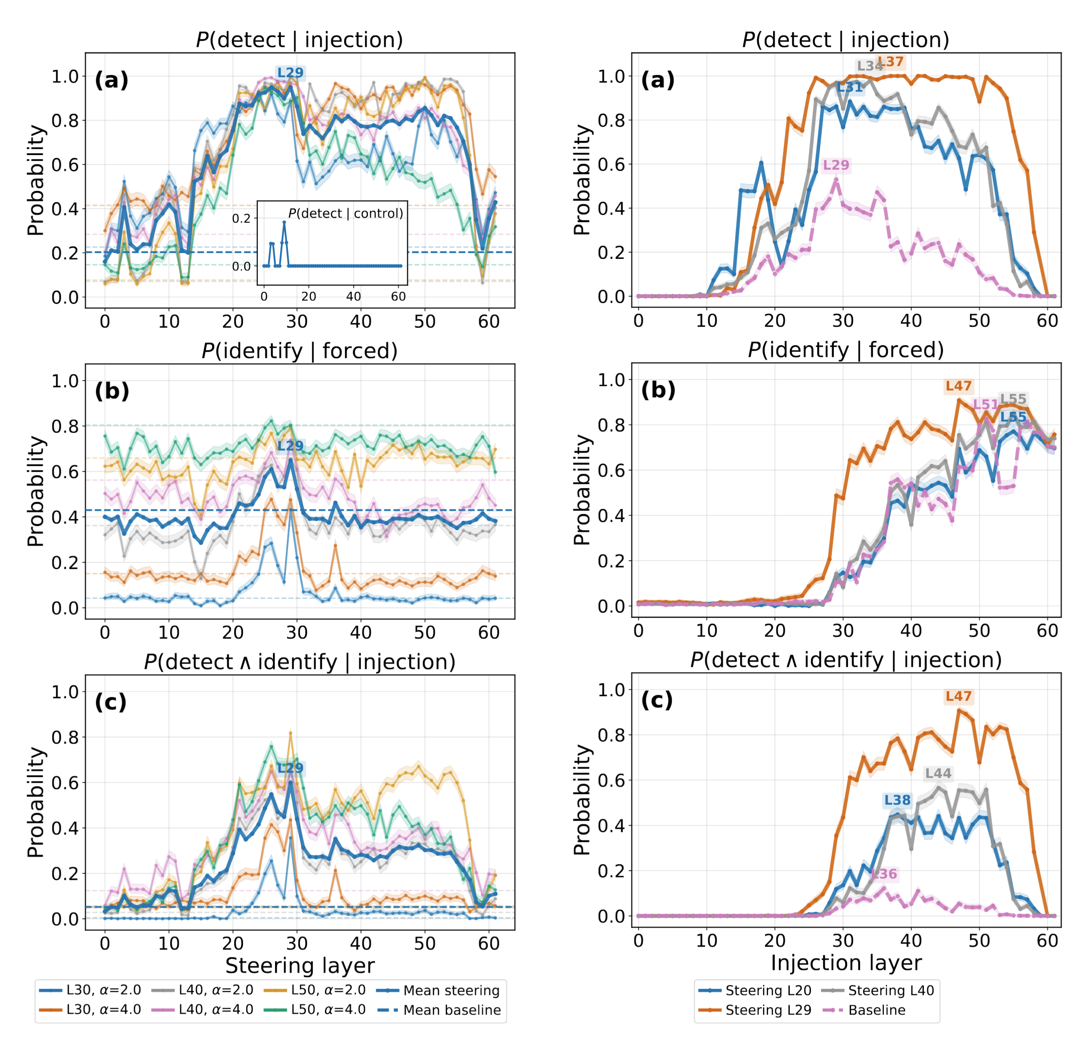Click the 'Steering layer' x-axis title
[x=300, y=965]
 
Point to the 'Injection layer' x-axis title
[x=846, y=963]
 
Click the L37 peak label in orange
[x=891, y=62]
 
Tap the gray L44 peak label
[x=938, y=774]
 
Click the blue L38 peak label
[x=897, y=800]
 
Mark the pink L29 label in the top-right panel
[x=836, y=165]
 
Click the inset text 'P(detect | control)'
[x=346, y=214]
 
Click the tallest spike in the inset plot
[x=284, y=222]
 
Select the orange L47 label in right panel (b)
[x=958, y=387]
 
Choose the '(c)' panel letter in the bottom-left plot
[x=111, y=702]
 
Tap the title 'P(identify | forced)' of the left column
[x=300, y=351]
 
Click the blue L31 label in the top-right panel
[x=849, y=88]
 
